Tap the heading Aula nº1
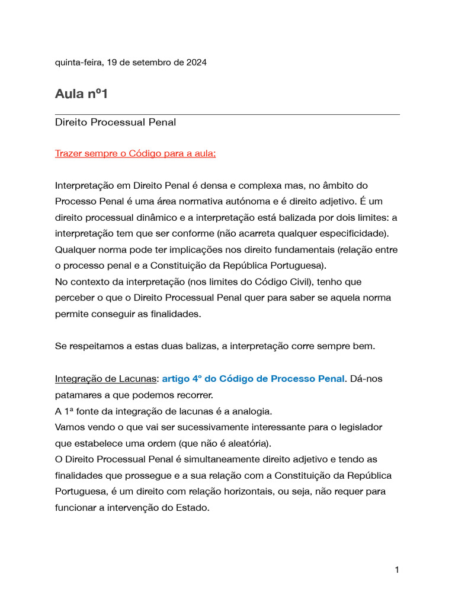[x=81, y=94]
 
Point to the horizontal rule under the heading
[x=227, y=114]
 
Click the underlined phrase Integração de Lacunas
[x=106, y=378]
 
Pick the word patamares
[x=78, y=394]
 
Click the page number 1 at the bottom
[x=397, y=570]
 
